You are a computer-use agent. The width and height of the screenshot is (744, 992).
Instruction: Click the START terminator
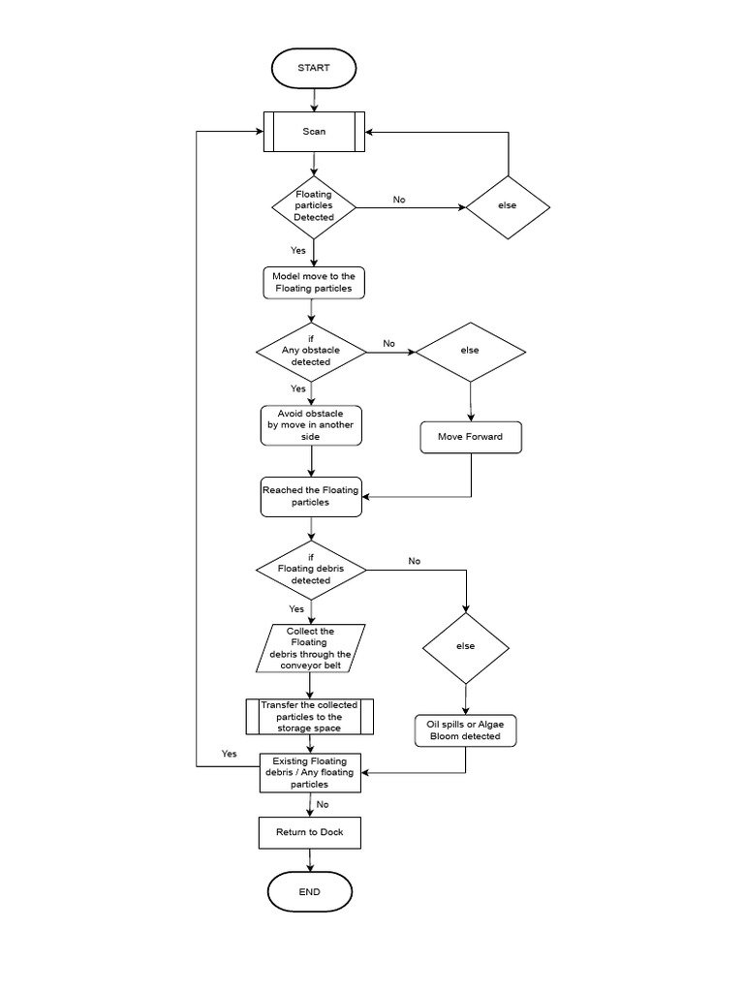click(x=314, y=68)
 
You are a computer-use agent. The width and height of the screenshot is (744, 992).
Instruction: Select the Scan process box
click(x=314, y=132)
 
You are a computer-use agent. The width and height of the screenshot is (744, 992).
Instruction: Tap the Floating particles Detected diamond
click(x=313, y=206)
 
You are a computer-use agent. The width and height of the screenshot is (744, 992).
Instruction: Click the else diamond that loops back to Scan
click(x=508, y=206)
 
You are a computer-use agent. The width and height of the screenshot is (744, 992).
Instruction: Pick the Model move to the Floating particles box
click(x=313, y=282)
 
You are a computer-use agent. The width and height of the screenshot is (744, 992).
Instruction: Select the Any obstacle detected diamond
click(x=311, y=351)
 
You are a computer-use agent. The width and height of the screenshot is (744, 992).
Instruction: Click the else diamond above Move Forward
click(x=470, y=351)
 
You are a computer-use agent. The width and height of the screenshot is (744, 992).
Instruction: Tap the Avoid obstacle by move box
click(x=311, y=425)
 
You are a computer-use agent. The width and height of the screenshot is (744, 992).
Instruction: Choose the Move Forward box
click(x=470, y=437)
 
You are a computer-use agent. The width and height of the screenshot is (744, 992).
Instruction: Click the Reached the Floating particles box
click(x=310, y=496)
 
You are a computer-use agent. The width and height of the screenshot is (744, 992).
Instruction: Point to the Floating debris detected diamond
click(x=311, y=569)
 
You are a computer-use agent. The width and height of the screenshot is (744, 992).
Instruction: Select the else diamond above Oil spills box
click(x=466, y=647)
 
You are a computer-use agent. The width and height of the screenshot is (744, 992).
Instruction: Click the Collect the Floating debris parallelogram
click(x=310, y=648)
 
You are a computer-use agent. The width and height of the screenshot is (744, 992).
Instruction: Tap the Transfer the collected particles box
click(x=309, y=717)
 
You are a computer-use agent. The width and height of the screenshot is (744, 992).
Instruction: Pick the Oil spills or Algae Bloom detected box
click(x=465, y=730)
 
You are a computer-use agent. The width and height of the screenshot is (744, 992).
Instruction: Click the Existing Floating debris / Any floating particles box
click(x=309, y=772)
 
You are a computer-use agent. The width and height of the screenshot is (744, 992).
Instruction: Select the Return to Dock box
click(x=309, y=832)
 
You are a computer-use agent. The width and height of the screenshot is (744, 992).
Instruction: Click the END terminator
click(x=309, y=892)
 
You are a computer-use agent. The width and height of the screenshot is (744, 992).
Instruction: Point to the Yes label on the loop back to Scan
click(x=229, y=754)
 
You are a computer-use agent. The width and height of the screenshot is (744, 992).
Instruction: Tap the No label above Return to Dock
click(x=323, y=804)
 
